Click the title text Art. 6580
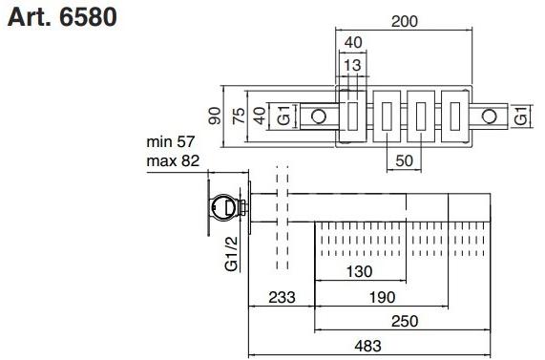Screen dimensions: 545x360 62,17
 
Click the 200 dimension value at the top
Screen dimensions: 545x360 405,21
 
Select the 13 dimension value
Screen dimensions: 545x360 353,65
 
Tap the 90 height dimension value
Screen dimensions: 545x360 215,116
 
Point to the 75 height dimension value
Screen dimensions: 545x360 240,116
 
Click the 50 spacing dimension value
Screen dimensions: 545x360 405,160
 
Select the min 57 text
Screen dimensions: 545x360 170,141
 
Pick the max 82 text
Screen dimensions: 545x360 173,160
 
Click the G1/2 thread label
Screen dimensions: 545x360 232,254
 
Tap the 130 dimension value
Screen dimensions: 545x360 360,271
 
